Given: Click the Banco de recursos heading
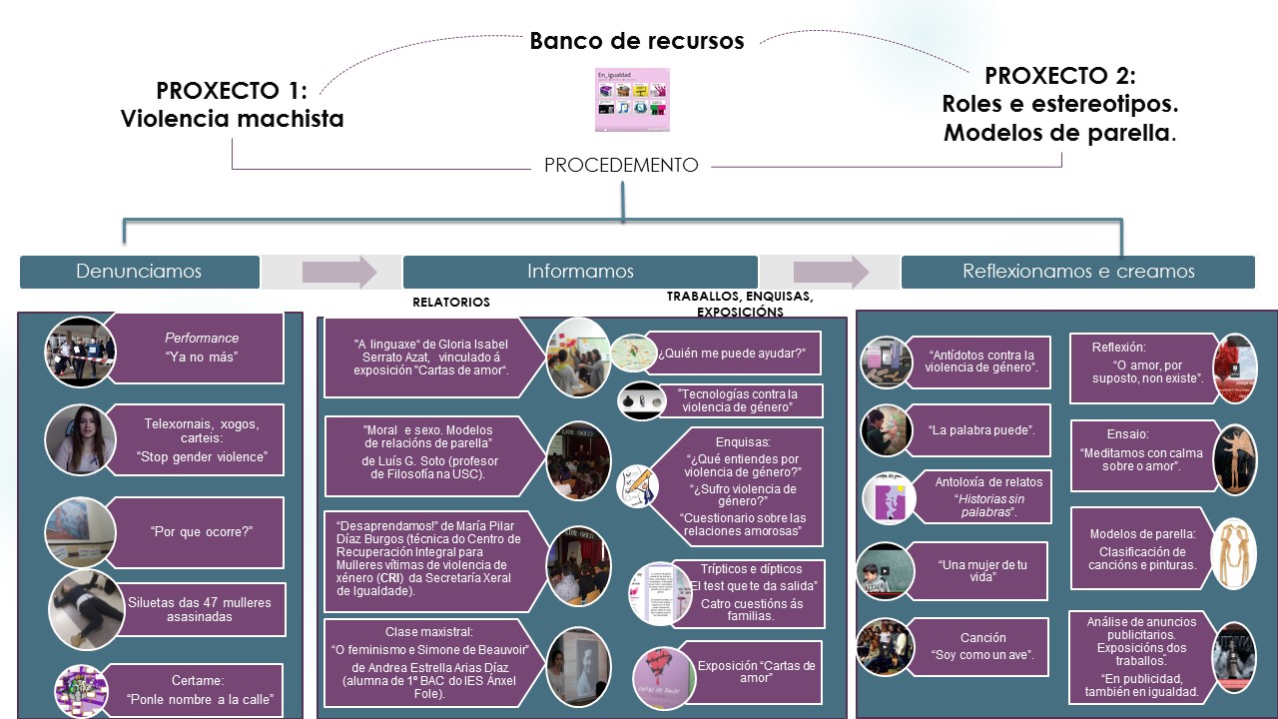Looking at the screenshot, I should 636,41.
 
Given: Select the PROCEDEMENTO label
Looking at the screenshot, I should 621,166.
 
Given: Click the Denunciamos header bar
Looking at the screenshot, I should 140,272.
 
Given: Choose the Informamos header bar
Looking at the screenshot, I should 580,272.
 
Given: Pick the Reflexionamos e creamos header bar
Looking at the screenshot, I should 1077,272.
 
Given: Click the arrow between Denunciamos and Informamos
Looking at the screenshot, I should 338,272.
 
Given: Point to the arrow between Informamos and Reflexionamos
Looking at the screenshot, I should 830,272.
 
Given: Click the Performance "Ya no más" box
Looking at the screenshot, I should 200,349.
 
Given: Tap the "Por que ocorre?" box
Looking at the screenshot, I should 200,532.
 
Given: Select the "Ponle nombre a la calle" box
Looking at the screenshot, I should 200,689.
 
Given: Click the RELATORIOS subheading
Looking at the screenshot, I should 451,302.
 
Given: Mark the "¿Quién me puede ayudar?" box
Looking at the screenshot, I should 732,353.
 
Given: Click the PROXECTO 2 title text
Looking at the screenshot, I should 1059,104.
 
